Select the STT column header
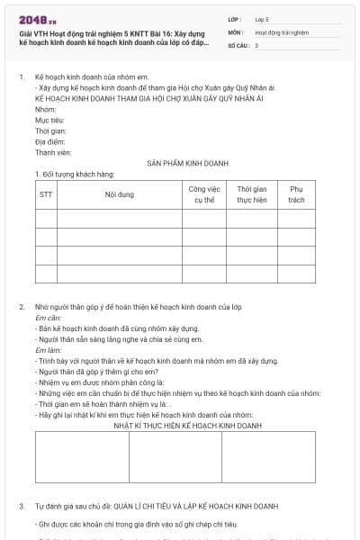click(46, 194)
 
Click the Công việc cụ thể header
click(204, 194)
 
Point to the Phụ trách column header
click(296, 194)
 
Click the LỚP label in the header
click(235, 18)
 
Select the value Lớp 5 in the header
click(262, 18)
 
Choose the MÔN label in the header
click(236, 31)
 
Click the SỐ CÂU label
click(238, 44)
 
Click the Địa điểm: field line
click(50, 141)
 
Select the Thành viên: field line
click(53, 152)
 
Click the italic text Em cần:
click(49, 319)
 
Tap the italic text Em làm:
click(48, 350)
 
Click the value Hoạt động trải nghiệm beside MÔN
click(282, 31)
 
